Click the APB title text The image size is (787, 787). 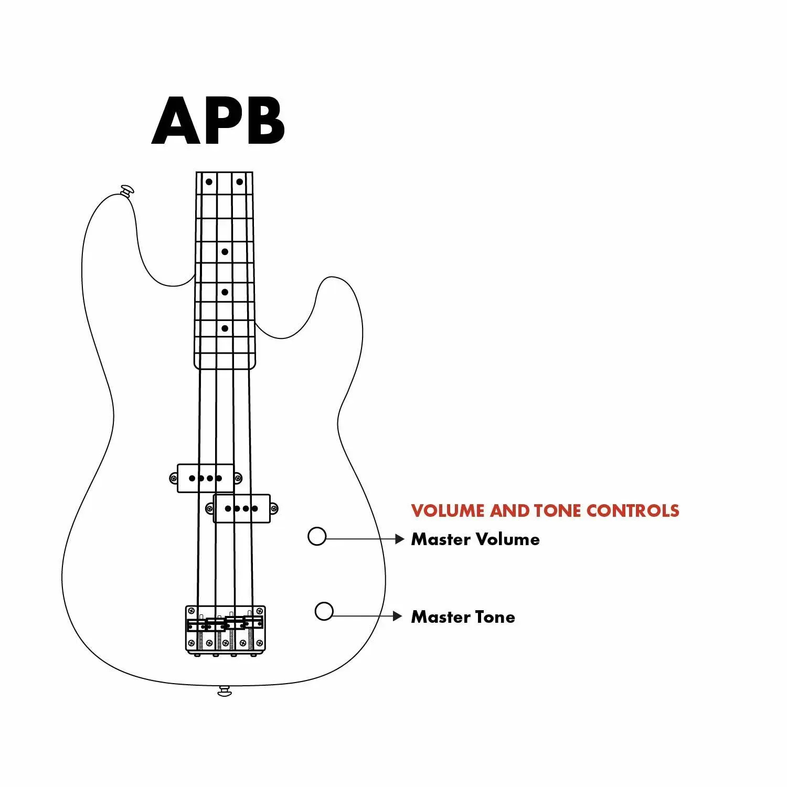[218, 121]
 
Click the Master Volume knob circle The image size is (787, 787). [317, 536]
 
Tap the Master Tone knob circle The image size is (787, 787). [324, 611]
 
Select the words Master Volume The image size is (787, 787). [475, 539]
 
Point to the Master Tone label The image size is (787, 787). [463, 617]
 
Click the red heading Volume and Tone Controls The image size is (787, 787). [545, 511]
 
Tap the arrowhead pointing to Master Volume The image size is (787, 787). [400, 539]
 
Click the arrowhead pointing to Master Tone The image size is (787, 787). [398, 616]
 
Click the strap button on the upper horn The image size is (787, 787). [127, 190]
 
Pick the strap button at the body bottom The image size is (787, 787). [225, 692]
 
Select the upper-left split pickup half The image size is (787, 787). [205, 478]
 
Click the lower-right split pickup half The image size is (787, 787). [242, 508]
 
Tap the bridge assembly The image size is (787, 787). [226, 630]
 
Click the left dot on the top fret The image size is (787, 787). [209, 182]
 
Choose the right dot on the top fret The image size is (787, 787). [239, 182]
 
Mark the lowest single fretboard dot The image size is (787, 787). [225, 328]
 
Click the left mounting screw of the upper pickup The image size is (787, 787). [174, 478]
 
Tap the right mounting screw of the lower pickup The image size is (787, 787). [273, 508]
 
